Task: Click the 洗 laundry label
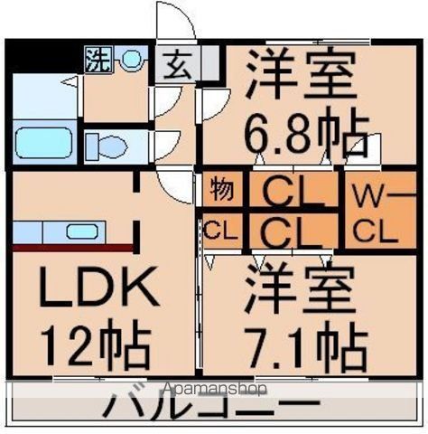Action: click(x=97, y=61)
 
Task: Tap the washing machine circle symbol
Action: click(x=131, y=61)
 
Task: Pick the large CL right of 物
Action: click(x=293, y=192)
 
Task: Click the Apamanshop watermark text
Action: click(x=214, y=390)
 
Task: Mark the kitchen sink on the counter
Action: click(x=81, y=231)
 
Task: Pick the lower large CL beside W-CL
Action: click(x=293, y=231)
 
